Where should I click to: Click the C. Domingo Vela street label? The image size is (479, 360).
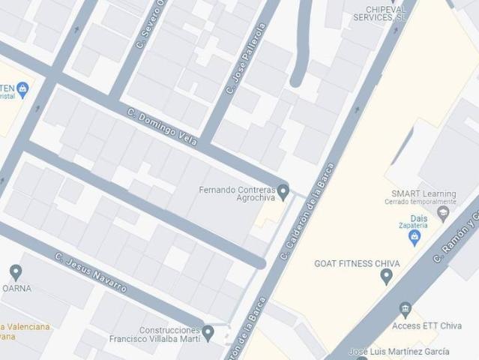(162, 127)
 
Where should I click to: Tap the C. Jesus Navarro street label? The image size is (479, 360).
(91, 272)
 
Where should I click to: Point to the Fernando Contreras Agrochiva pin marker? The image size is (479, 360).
(283, 192)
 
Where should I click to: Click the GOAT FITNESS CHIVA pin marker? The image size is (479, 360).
(386, 276)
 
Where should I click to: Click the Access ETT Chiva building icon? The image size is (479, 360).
(406, 309)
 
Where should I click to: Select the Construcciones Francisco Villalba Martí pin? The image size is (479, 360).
(208, 331)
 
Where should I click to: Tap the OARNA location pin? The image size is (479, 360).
(16, 272)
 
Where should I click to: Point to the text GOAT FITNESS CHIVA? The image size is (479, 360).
(357, 263)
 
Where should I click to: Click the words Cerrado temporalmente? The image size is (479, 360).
(419, 202)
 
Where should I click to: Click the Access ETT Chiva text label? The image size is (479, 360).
(427, 326)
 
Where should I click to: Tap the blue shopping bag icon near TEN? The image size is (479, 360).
(23, 89)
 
